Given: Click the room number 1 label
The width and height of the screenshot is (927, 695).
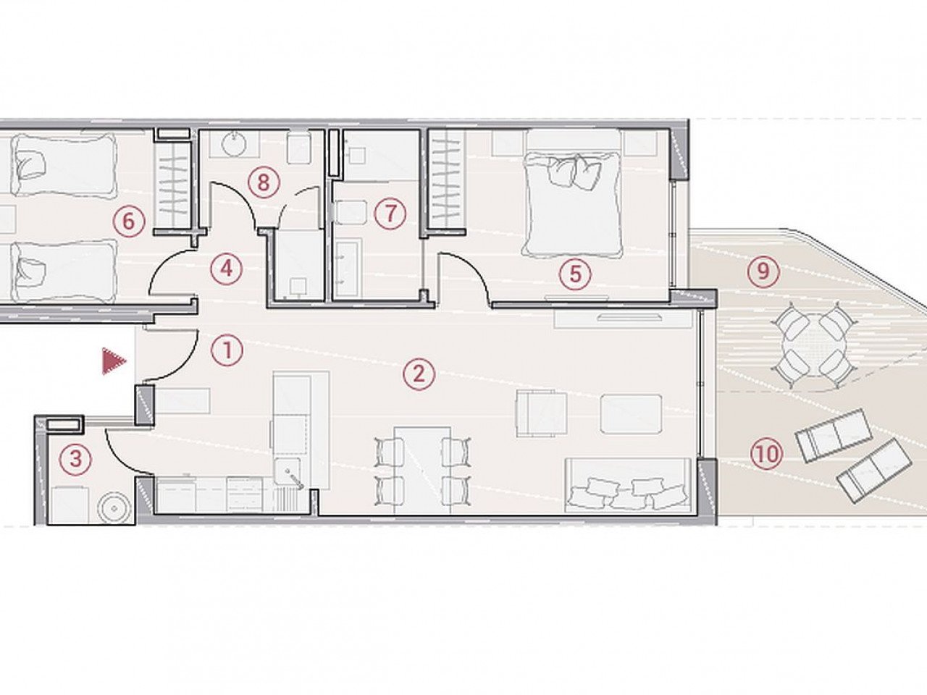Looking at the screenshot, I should click(x=227, y=351).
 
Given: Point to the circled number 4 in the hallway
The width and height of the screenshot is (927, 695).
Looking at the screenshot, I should click(x=226, y=269).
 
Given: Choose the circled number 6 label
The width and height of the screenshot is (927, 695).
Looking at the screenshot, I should click(x=128, y=221).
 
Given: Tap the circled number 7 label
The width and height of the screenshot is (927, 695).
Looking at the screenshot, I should click(x=390, y=214).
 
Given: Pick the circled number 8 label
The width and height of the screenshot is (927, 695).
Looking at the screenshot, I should click(x=263, y=182).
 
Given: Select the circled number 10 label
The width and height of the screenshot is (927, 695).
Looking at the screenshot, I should click(x=767, y=455).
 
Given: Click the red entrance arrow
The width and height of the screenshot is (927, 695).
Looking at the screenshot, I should click(x=113, y=361).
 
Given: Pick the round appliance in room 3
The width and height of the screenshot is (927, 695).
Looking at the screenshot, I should click(x=114, y=507).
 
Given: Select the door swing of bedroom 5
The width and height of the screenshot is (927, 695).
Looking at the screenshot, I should click(x=467, y=275).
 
